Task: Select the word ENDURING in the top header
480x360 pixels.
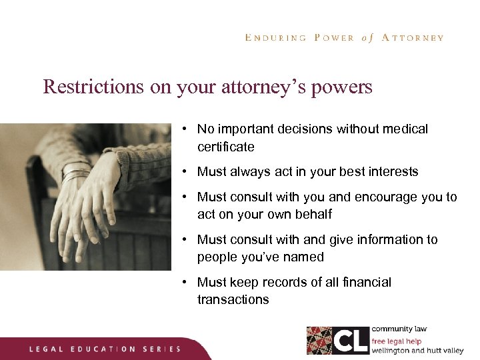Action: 275,38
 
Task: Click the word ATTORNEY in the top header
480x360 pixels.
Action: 413,38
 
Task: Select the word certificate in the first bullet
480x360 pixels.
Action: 225,146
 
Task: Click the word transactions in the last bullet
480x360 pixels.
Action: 233,299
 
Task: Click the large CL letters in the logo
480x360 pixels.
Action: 351,340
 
